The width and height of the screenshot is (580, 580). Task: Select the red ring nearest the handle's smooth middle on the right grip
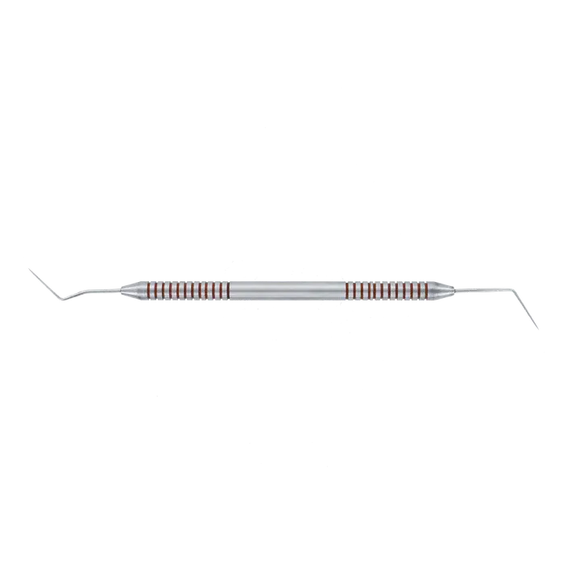[x=348, y=290]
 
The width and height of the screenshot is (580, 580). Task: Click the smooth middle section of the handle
[x=288, y=290]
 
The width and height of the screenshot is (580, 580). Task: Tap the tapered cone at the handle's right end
[x=445, y=290]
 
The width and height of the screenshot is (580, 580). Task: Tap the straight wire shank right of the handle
[x=483, y=290]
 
